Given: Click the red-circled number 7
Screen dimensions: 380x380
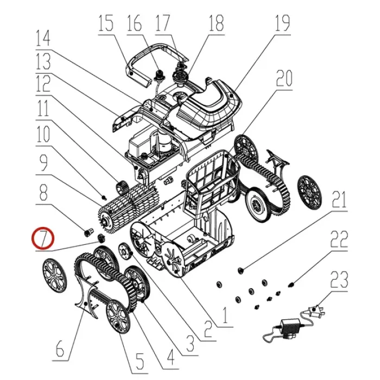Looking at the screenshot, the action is click(43, 238).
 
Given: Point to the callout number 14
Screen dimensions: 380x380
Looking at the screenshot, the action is click(43, 39).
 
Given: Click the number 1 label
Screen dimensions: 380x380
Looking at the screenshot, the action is click(225, 315).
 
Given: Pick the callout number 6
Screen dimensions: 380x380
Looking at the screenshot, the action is click(60, 349).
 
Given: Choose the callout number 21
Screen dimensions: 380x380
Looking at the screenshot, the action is click(339, 199).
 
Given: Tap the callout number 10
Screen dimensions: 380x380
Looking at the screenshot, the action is click(43, 134).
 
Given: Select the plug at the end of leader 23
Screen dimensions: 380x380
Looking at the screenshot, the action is click(315, 310).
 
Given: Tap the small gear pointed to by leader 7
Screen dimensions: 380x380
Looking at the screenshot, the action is click(100, 238).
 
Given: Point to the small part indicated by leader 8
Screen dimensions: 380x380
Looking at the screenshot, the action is click(88, 232).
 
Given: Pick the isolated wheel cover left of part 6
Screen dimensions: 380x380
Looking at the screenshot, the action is click(54, 276).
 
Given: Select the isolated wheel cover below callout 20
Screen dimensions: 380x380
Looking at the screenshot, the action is click(309, 193).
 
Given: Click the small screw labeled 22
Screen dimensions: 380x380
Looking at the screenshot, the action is click(291, 284).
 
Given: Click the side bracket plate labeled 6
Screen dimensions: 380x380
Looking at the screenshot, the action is click(87, 297).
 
